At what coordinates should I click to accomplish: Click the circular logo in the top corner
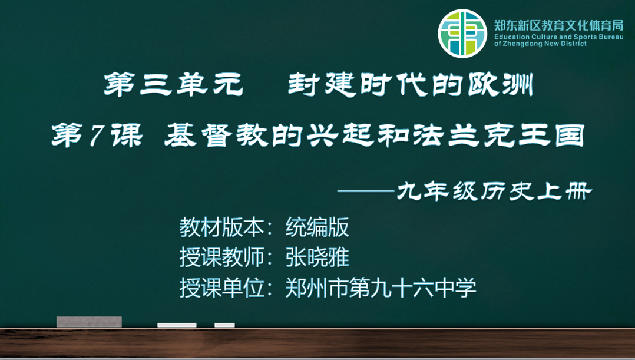462,34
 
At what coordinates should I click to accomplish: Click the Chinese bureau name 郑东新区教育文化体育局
559,25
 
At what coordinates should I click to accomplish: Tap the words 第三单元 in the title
174,84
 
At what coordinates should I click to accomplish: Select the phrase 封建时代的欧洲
410,84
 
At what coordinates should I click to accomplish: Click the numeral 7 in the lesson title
96,136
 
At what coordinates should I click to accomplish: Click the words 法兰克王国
499,136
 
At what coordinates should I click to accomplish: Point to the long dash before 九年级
366,191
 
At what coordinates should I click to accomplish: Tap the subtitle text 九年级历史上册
494,191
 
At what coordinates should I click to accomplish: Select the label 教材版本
222,227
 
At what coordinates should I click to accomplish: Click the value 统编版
317,227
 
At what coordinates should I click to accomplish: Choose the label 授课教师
222,257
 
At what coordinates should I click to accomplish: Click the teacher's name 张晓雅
317,257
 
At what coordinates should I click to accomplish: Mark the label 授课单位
222,288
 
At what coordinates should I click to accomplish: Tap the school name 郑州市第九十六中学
381,288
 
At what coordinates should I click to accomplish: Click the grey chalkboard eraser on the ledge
89,322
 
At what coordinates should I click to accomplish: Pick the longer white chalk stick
177,325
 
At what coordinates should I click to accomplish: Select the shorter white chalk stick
225,325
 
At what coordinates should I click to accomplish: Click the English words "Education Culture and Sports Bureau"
559,37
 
